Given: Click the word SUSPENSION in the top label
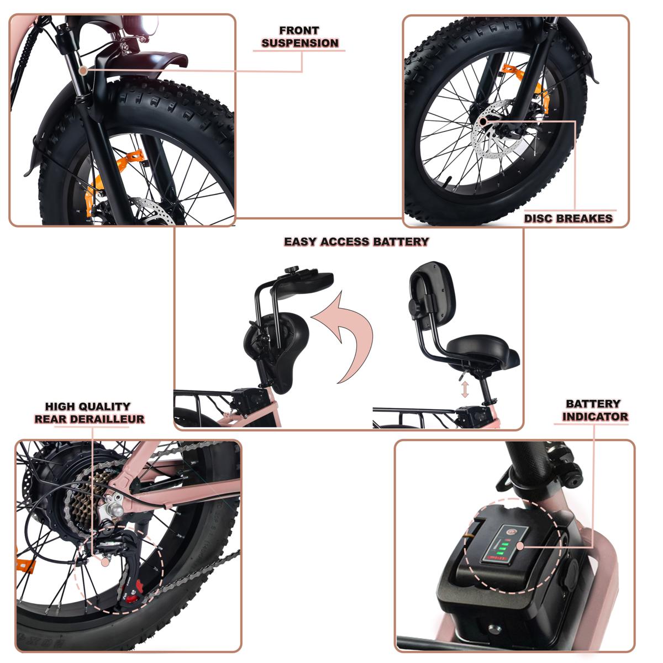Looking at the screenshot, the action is [x=299, y=43].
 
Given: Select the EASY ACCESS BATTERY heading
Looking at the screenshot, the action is [x=356, y=241].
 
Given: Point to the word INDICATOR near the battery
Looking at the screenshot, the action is [x=595, y=417].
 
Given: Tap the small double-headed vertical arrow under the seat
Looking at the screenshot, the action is [x=465, y=389].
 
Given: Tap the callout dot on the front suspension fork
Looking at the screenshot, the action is [x=82, y=71].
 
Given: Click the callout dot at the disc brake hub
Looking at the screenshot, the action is [x=483, y=122].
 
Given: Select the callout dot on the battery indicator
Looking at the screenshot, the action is [x=520, y=546].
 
